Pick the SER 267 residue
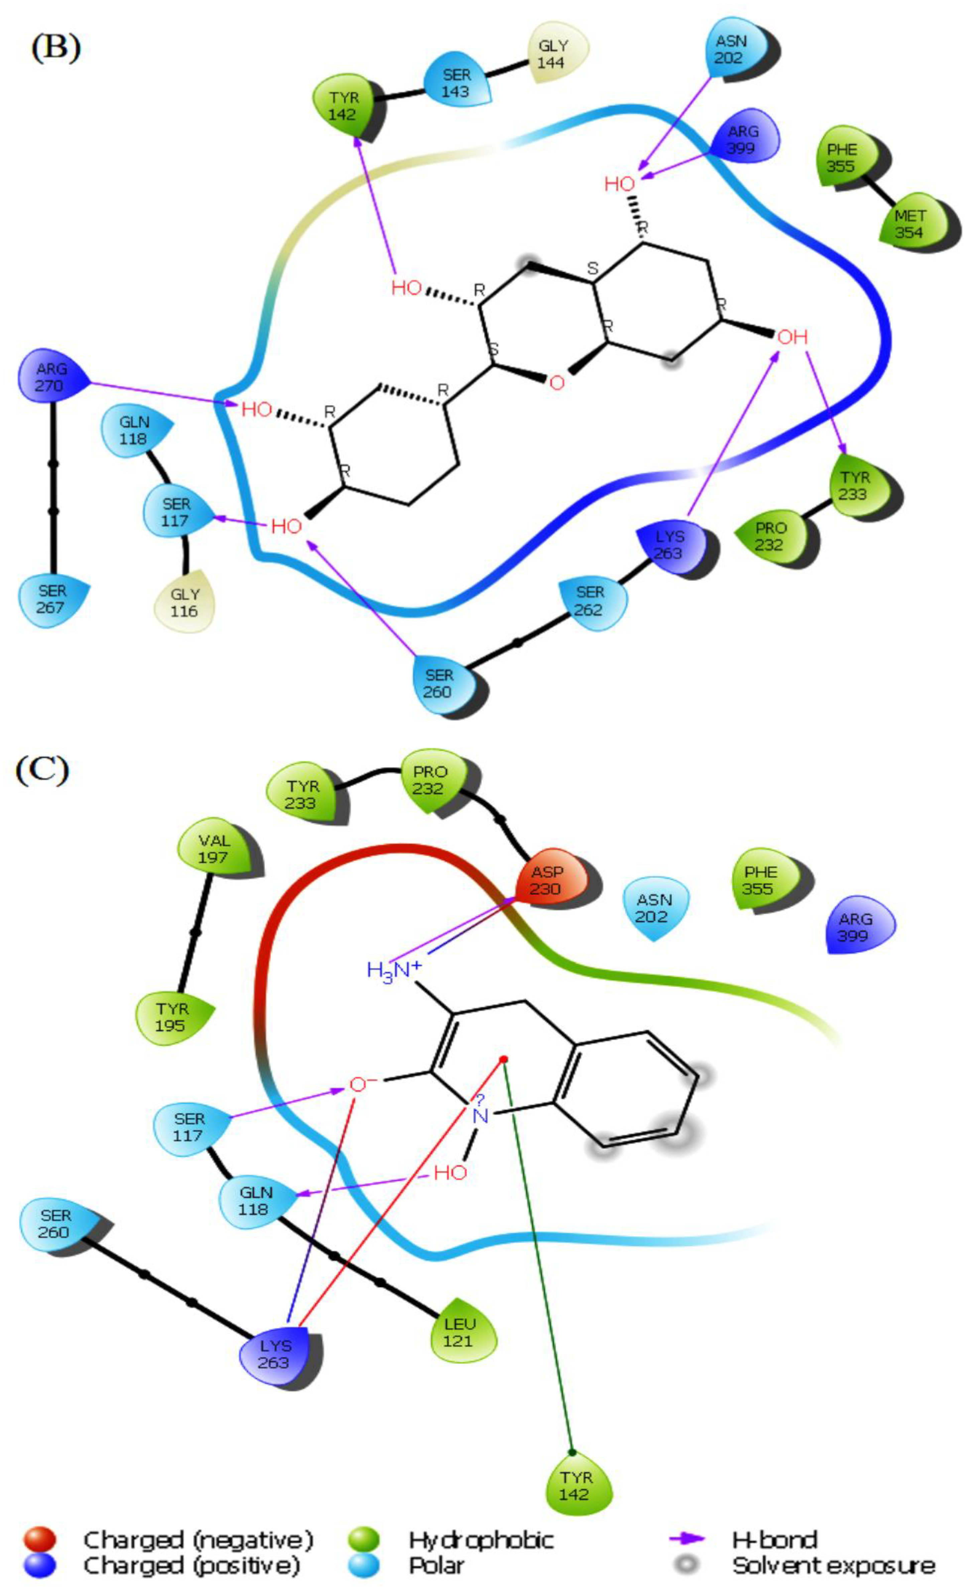51,599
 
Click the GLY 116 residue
185,602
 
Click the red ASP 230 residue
547,880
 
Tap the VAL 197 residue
214,849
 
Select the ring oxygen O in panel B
557,383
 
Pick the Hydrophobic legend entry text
481,1540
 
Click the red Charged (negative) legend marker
40,1539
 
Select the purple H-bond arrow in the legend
688,1539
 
